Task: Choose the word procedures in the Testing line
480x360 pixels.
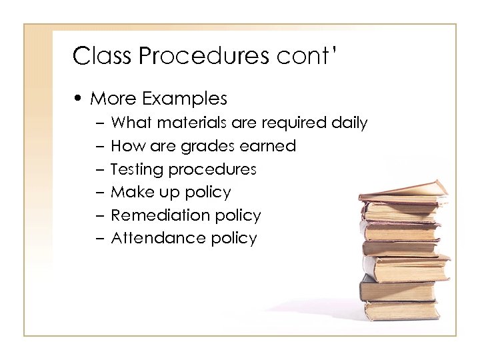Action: point(211,169)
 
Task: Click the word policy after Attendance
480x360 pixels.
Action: point(233,239)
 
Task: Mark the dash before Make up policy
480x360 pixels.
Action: point(99,193)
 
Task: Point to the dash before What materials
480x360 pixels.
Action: point(99,123)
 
